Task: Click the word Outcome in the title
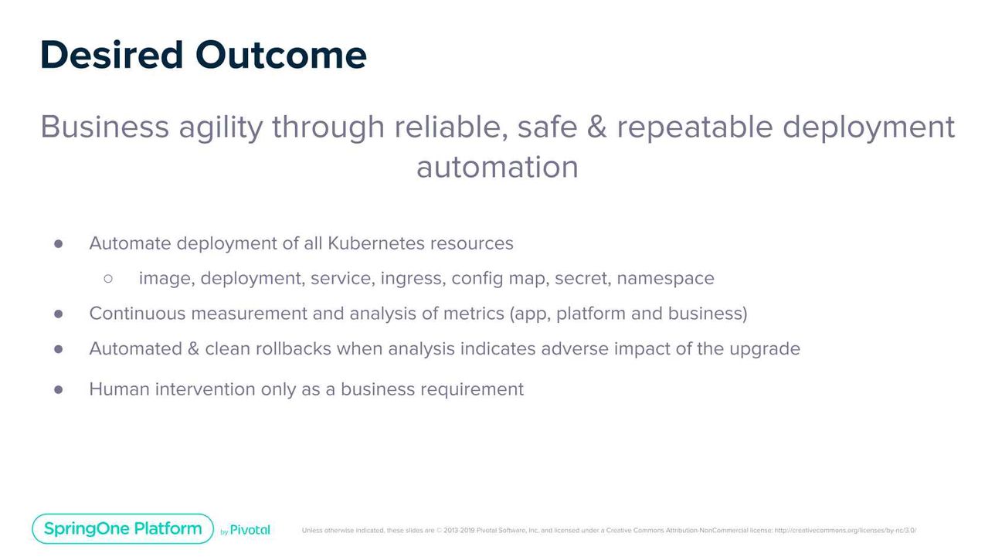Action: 280,55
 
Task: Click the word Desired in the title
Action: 111,55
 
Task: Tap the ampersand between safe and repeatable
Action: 596,127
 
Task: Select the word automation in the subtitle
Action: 497,167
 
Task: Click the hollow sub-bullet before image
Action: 108,278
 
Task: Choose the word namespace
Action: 665,278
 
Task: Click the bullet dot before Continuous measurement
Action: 58,314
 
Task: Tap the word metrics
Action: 474,314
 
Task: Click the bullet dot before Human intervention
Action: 58,389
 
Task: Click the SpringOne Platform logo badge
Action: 123,529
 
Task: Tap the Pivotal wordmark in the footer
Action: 250,530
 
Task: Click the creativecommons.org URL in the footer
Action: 845,530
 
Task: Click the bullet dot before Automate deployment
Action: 58,244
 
